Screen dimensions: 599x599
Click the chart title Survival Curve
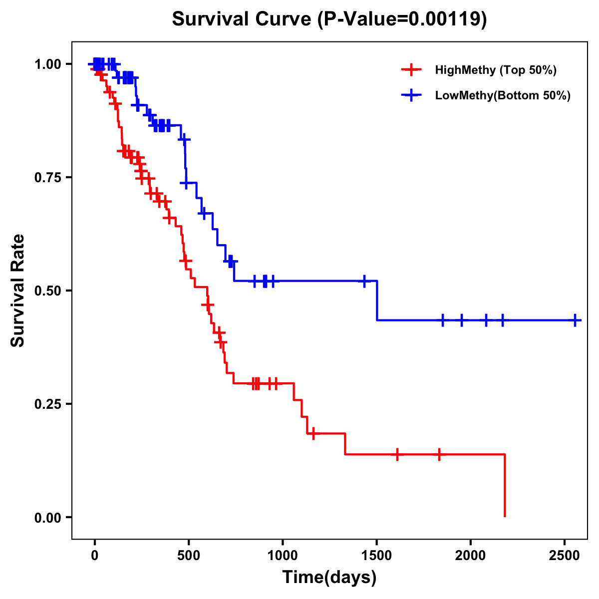tap(242, 19)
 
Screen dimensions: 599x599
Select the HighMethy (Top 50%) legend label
tap(495, 70)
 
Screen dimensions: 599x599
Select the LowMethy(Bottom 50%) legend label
tap(502, 96)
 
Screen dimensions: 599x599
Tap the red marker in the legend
tap(411, 70)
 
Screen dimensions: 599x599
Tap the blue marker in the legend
tap(411, 96)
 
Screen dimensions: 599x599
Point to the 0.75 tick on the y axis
tap(47, 177)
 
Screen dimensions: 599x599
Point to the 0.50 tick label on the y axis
tap(47, 291)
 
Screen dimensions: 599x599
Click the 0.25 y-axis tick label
tap(47, 404)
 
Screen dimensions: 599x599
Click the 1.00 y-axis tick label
tap(47, 64)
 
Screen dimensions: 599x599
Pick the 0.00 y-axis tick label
tap(47, 517)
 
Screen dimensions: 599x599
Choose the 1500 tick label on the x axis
tap(377, 556)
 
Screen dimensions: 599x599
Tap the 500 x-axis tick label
tap(189, 556)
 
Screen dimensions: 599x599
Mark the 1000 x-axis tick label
tap(283, 556)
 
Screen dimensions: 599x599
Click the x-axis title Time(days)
tap(329, 578)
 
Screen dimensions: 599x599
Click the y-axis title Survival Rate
tap(18, 291)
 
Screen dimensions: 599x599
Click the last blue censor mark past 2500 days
tap(575, 320)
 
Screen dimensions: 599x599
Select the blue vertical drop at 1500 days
tap(377, 300)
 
